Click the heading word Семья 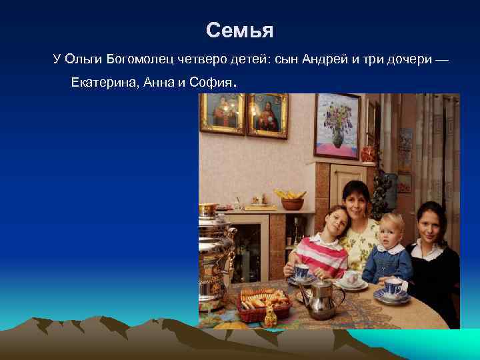click(x=239, y=31)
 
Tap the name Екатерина click(x=104, y=83)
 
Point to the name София click(x=211, y=83)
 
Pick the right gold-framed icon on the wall click(x=267, y=115)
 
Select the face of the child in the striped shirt click(x=333, y=223)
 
